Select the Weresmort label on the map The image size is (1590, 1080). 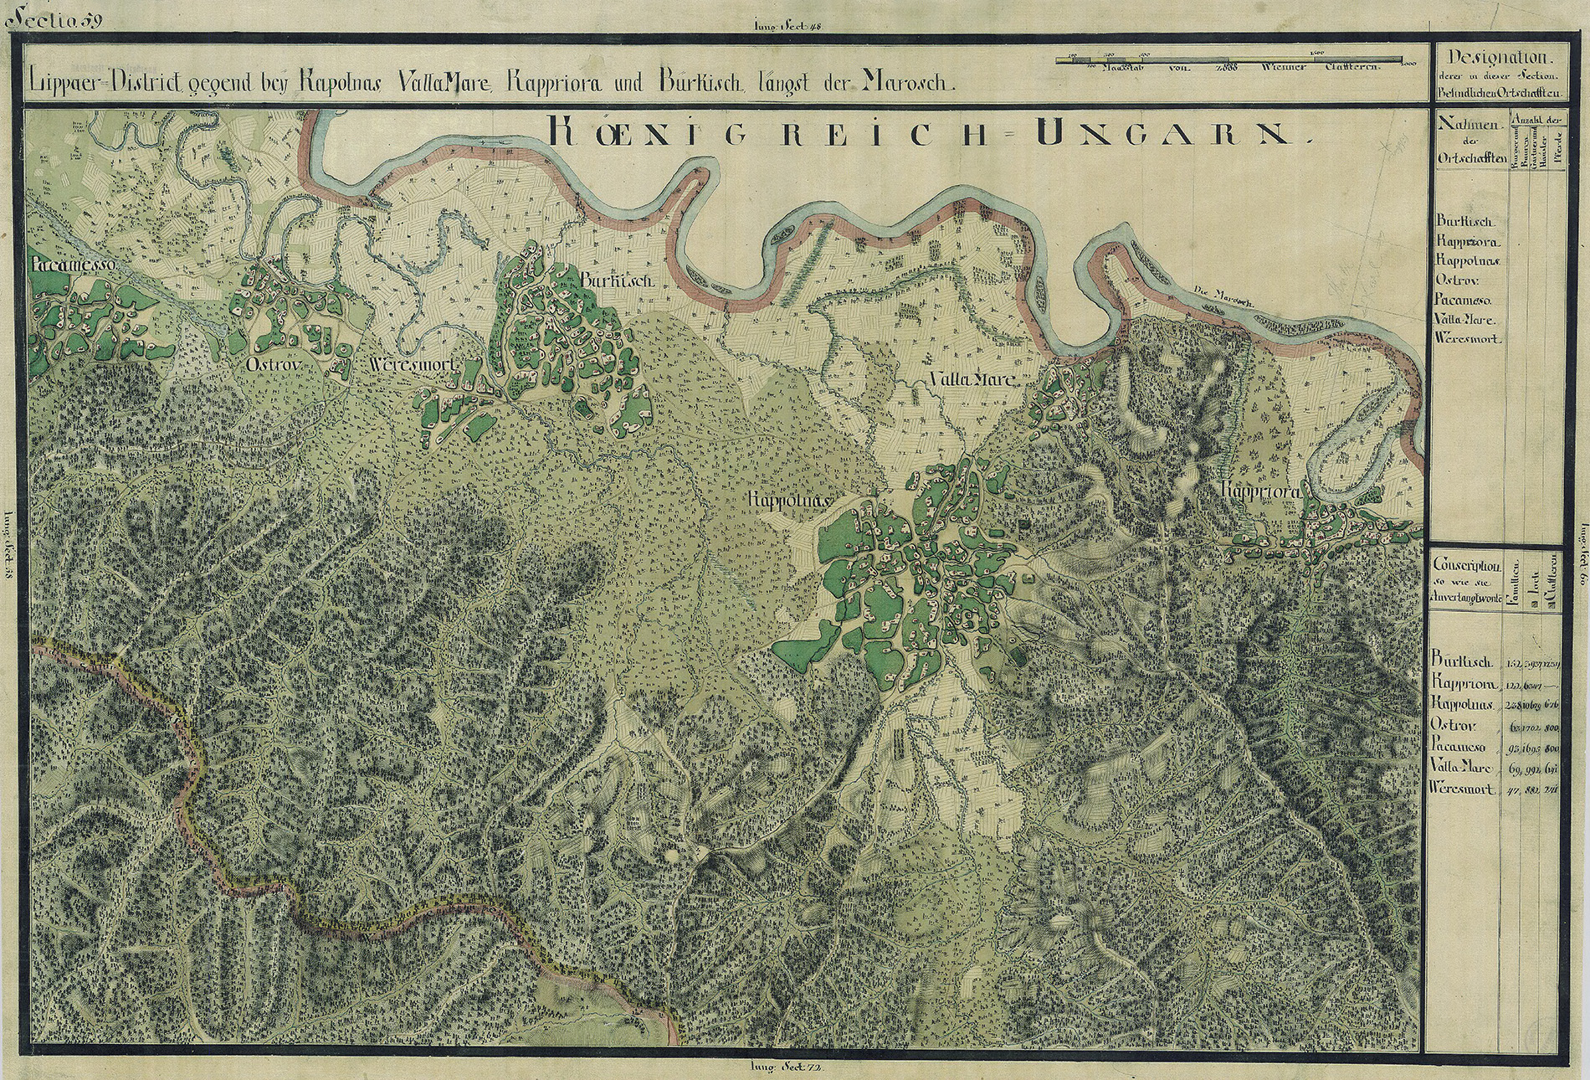click(x=410, y=366)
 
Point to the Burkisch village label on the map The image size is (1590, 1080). click(x=618, y=281)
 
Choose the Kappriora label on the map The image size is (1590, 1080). click(x=1260, y=491)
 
